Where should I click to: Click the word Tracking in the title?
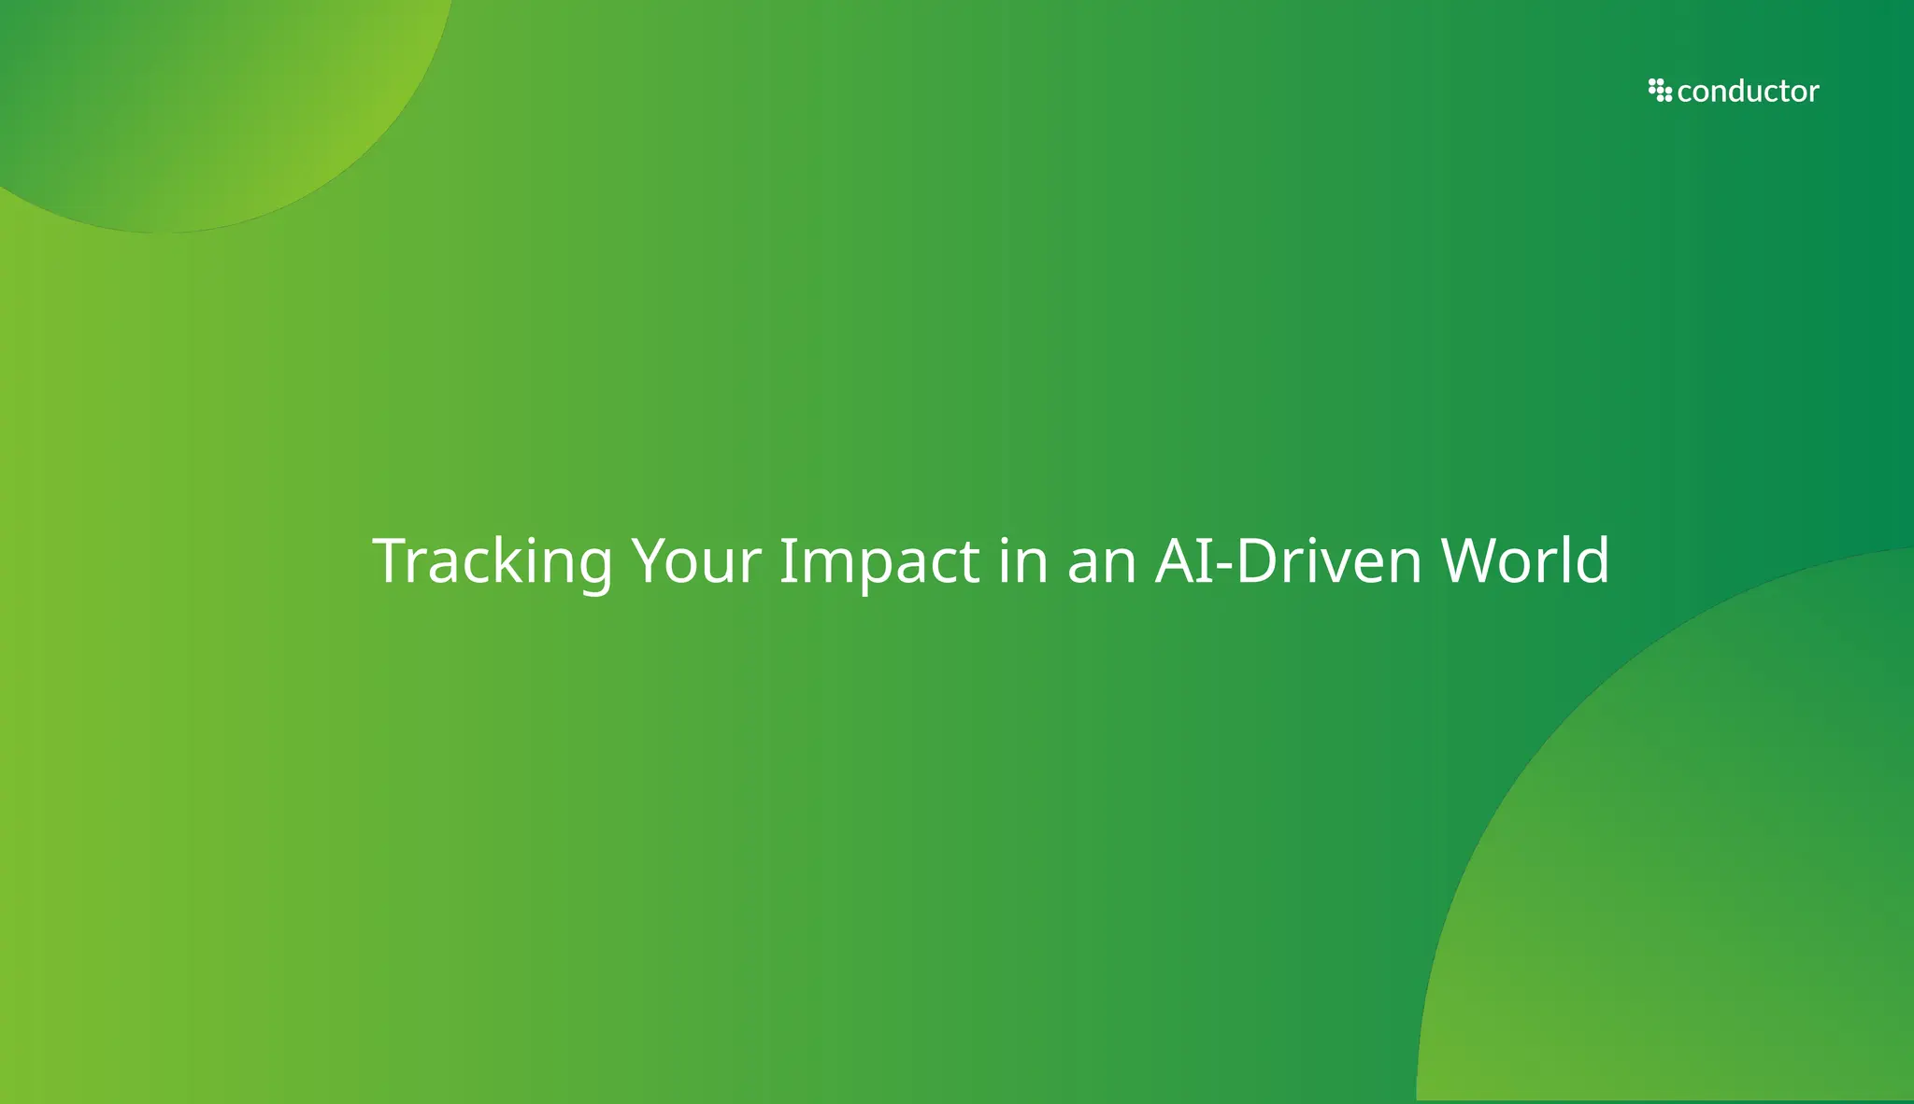click(x=493, y=561)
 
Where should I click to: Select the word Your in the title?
click(x=696, y=561)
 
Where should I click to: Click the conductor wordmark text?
click(x=1748, y=92)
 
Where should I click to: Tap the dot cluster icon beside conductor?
click(x=1660, y=91)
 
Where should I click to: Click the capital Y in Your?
click(x=651, y=561)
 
